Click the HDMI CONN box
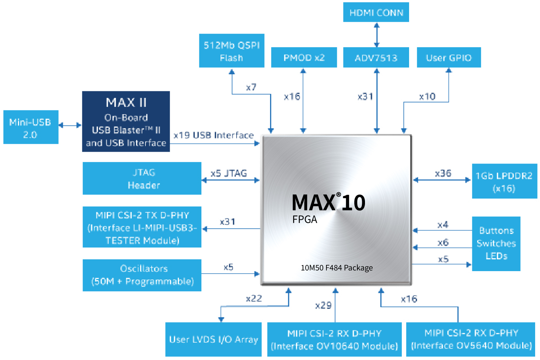point(376,12)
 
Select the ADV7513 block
point(376,58)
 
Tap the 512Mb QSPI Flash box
point(232,51)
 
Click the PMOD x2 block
point(304,58)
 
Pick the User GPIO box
point(449,58)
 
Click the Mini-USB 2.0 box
point(31,127)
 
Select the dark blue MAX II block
point(126,122)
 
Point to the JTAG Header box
point(142,178)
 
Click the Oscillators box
point(142,275)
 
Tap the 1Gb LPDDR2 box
point(504,181)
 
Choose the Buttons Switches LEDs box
point(496,243)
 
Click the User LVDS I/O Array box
point(213,339)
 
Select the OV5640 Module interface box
point(471,339)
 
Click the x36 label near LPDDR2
point(443,173)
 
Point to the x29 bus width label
point(323,305)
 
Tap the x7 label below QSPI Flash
point(251,87)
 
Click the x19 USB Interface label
point(214,135)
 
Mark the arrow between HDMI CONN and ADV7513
point(376,35)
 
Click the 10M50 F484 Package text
point(337,268)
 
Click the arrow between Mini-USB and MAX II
point(70,125)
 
